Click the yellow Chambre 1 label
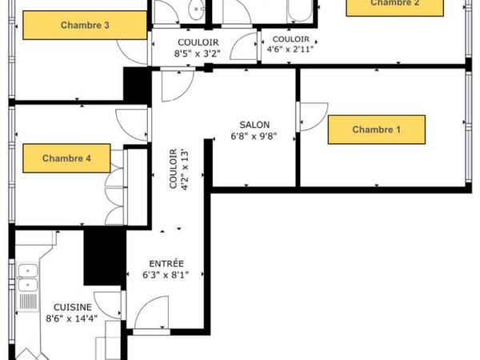(x=376, y=129)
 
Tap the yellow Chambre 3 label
(x=85, y=26)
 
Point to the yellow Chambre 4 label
(x=66, y=158)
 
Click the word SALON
(x=254, y=125)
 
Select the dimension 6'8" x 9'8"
(x=254, y=137)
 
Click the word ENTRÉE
(x=166, y=263)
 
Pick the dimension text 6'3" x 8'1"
(x=166, y=276)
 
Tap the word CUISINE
(x=72, y=306)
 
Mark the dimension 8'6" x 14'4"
(x=72, y=318)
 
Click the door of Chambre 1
(x=312, y=116)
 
